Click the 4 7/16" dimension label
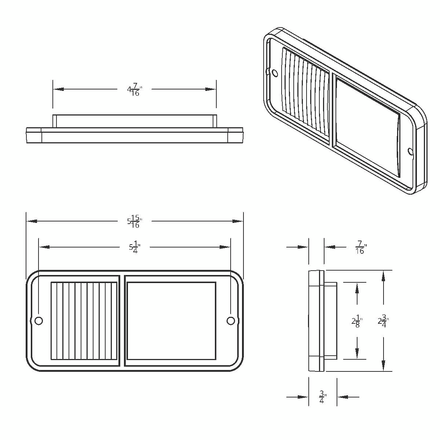click(135, 89)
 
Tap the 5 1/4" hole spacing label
click(135, 247)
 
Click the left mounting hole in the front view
click(38, 321)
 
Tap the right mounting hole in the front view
click(231, 321)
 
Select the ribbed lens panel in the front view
click(84, 321)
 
